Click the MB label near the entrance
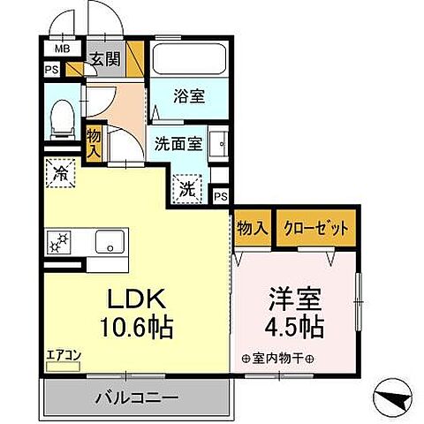click(x=63, y=49)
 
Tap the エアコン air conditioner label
click(x=64, y=356)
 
